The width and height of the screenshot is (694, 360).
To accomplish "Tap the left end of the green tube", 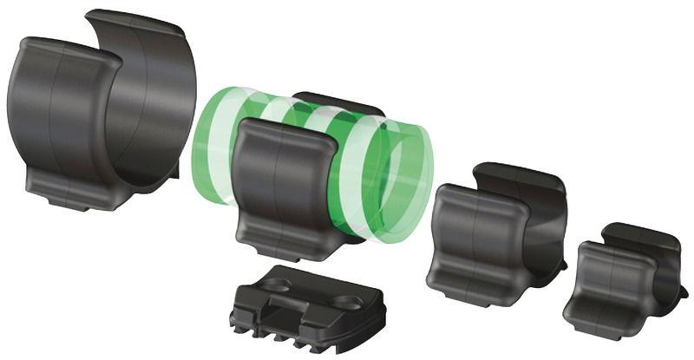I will [208, 147].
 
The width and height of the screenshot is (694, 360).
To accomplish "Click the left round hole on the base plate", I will [276, 284].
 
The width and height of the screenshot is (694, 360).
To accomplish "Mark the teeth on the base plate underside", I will [273, 333].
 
